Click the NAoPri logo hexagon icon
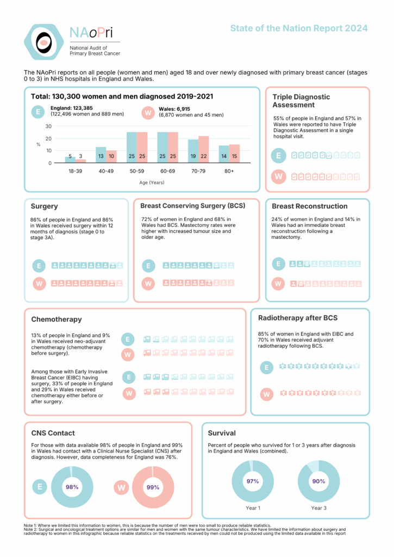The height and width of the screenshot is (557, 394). pos(44,41)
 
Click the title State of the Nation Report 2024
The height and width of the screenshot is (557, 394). pos(298,28)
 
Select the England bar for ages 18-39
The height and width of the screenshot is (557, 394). pos(70,160)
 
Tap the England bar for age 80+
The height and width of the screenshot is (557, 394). pos(224,154)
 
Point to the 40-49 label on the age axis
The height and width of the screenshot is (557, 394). pos(106,171)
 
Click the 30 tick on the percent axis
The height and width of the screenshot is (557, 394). pos(48,126)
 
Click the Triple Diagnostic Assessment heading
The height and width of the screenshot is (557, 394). pos(301,101)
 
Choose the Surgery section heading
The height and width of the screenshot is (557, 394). pos(44,207)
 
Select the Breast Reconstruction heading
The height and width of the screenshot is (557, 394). pos(309,206)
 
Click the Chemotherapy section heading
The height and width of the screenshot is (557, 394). pos(57,319)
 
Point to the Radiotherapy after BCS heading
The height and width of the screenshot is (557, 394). pos(297,317)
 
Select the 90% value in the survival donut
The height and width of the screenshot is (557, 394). pos(318,481)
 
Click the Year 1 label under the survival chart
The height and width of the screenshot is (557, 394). pos(253,508)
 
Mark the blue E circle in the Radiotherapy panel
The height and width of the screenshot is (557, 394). pos(266,368)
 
